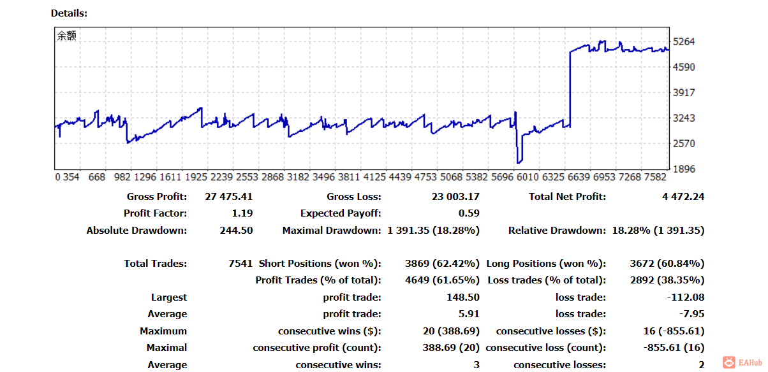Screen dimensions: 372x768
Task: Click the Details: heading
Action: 69,13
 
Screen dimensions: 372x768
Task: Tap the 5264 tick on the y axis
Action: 684,42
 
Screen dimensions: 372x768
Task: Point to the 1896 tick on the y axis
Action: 684,169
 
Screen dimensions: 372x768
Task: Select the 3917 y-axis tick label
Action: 684,93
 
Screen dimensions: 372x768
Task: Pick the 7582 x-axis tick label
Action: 653,177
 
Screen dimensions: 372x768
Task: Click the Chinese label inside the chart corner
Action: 66,36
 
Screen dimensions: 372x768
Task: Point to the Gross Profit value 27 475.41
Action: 228,197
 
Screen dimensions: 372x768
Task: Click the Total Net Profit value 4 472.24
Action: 683,197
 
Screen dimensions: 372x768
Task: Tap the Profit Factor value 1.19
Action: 242,213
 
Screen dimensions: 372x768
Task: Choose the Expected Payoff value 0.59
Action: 469,213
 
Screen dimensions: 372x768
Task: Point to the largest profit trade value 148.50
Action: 463,297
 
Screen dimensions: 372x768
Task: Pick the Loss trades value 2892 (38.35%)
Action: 665,280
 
